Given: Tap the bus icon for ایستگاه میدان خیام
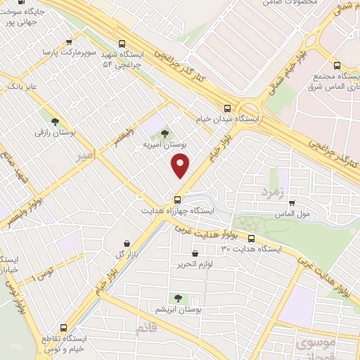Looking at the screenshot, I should (x=226, y=108).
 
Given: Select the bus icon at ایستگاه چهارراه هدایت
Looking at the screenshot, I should (x=177, y=199).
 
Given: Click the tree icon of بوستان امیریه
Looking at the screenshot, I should (x=165, y=132).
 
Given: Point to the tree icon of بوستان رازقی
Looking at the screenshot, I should (x=55, y=121).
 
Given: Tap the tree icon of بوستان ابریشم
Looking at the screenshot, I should (x=177, y=298).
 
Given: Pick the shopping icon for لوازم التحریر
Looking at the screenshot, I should (x=195, y=252).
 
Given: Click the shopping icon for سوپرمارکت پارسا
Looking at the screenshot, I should (x=68, y=41).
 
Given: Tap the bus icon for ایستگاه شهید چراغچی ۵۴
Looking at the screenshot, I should (x=123, y=43).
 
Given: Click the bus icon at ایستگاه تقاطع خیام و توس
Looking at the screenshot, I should (x=65, y=328).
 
